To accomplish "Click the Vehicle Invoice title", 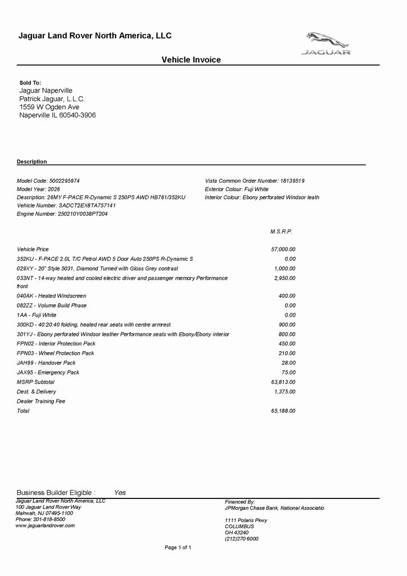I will (191, 60).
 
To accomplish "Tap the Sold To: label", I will (30, 83).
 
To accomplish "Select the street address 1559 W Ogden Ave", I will (49, 107).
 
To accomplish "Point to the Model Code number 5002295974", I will (65, 181).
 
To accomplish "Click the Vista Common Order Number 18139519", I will (292, 181).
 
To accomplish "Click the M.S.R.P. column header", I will (281, 232).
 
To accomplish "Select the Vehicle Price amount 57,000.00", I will (283, 249).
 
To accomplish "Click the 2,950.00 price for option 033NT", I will (284, 278).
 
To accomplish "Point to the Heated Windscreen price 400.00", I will (287, 296).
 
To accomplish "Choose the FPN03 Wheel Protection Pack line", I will (55, 353).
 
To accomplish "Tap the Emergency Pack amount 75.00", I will (288, 372).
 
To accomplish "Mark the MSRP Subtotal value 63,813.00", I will (283, 382).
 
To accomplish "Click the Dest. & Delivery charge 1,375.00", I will (284, 391).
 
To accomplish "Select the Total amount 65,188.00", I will (283, 411).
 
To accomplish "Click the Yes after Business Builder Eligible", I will (120, 493).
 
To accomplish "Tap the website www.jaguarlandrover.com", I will (45, 525).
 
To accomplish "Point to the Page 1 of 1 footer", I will (178, 547).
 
